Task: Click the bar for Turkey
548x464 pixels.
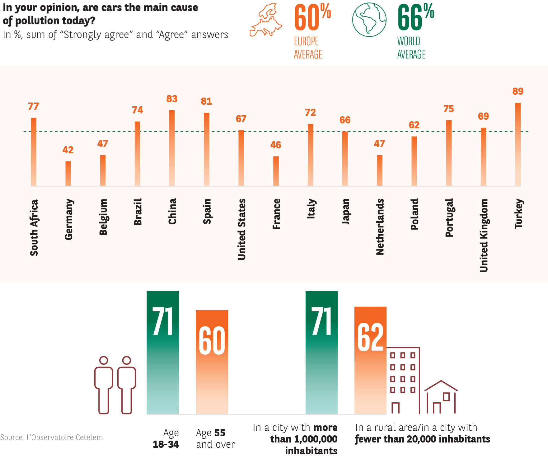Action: pyautogui.click(x=518, y=145)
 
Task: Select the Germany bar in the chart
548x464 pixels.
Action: pyautogui.click(x=68, y=174)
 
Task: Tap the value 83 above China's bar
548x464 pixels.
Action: pyautogui.click(x=172, y=99)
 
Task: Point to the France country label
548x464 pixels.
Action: pyautogui.click(x=276, y=214)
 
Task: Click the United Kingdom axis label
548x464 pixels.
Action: pyautogui.click(x=484, y=235)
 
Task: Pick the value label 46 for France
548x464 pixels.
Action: pyautogui.click(x=276, y=145)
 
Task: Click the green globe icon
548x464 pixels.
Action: pyautogui.click(x=369, y=20)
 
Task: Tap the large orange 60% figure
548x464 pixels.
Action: pyautogui.click(x=312, y=17)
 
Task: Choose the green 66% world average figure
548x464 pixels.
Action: pyautogui.click(x=415, y=17)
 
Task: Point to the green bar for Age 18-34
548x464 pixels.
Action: pyautogui.click(x=163, y=352)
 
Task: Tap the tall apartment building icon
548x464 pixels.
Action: pyautogui.click(x=403, y=380)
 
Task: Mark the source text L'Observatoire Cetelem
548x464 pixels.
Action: pyautogui.click(x=52, y=438)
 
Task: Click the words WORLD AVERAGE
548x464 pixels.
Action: pyautogui.click(x=411, y=48)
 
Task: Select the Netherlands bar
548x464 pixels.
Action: pyautogui.click(x=380, y=170)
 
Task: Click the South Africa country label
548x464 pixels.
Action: pyautogui.click(x=34, y=228)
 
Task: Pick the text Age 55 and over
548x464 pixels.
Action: pyautogui.click(x=215, y=438)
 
